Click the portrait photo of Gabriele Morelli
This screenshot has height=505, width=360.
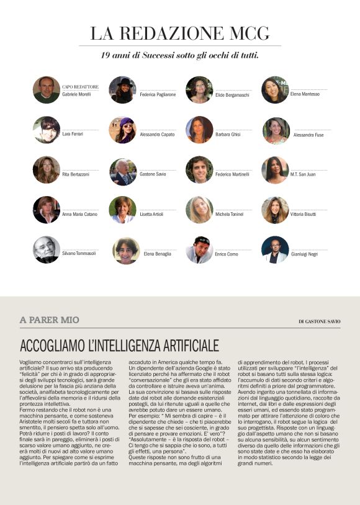(x=47, y=89)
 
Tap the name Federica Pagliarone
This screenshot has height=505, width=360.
(x=158, y=94)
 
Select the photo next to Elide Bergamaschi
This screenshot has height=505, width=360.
(x=199, y=89)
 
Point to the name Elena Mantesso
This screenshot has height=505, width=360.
(x=305, y=94)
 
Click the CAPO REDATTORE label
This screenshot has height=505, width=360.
(x=80, y=87)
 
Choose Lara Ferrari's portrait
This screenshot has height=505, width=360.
(x=47, y=130)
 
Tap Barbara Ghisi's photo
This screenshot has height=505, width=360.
(x=199, y=130)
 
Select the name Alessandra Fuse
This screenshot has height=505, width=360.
(x=308, y=135)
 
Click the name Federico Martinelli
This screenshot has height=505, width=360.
(x=232, y=174)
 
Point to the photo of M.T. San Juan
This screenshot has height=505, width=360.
(x=275, y=170)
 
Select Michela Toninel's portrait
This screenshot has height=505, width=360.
(x=199, y=210)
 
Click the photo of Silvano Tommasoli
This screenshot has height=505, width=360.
(x=47, y=249)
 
